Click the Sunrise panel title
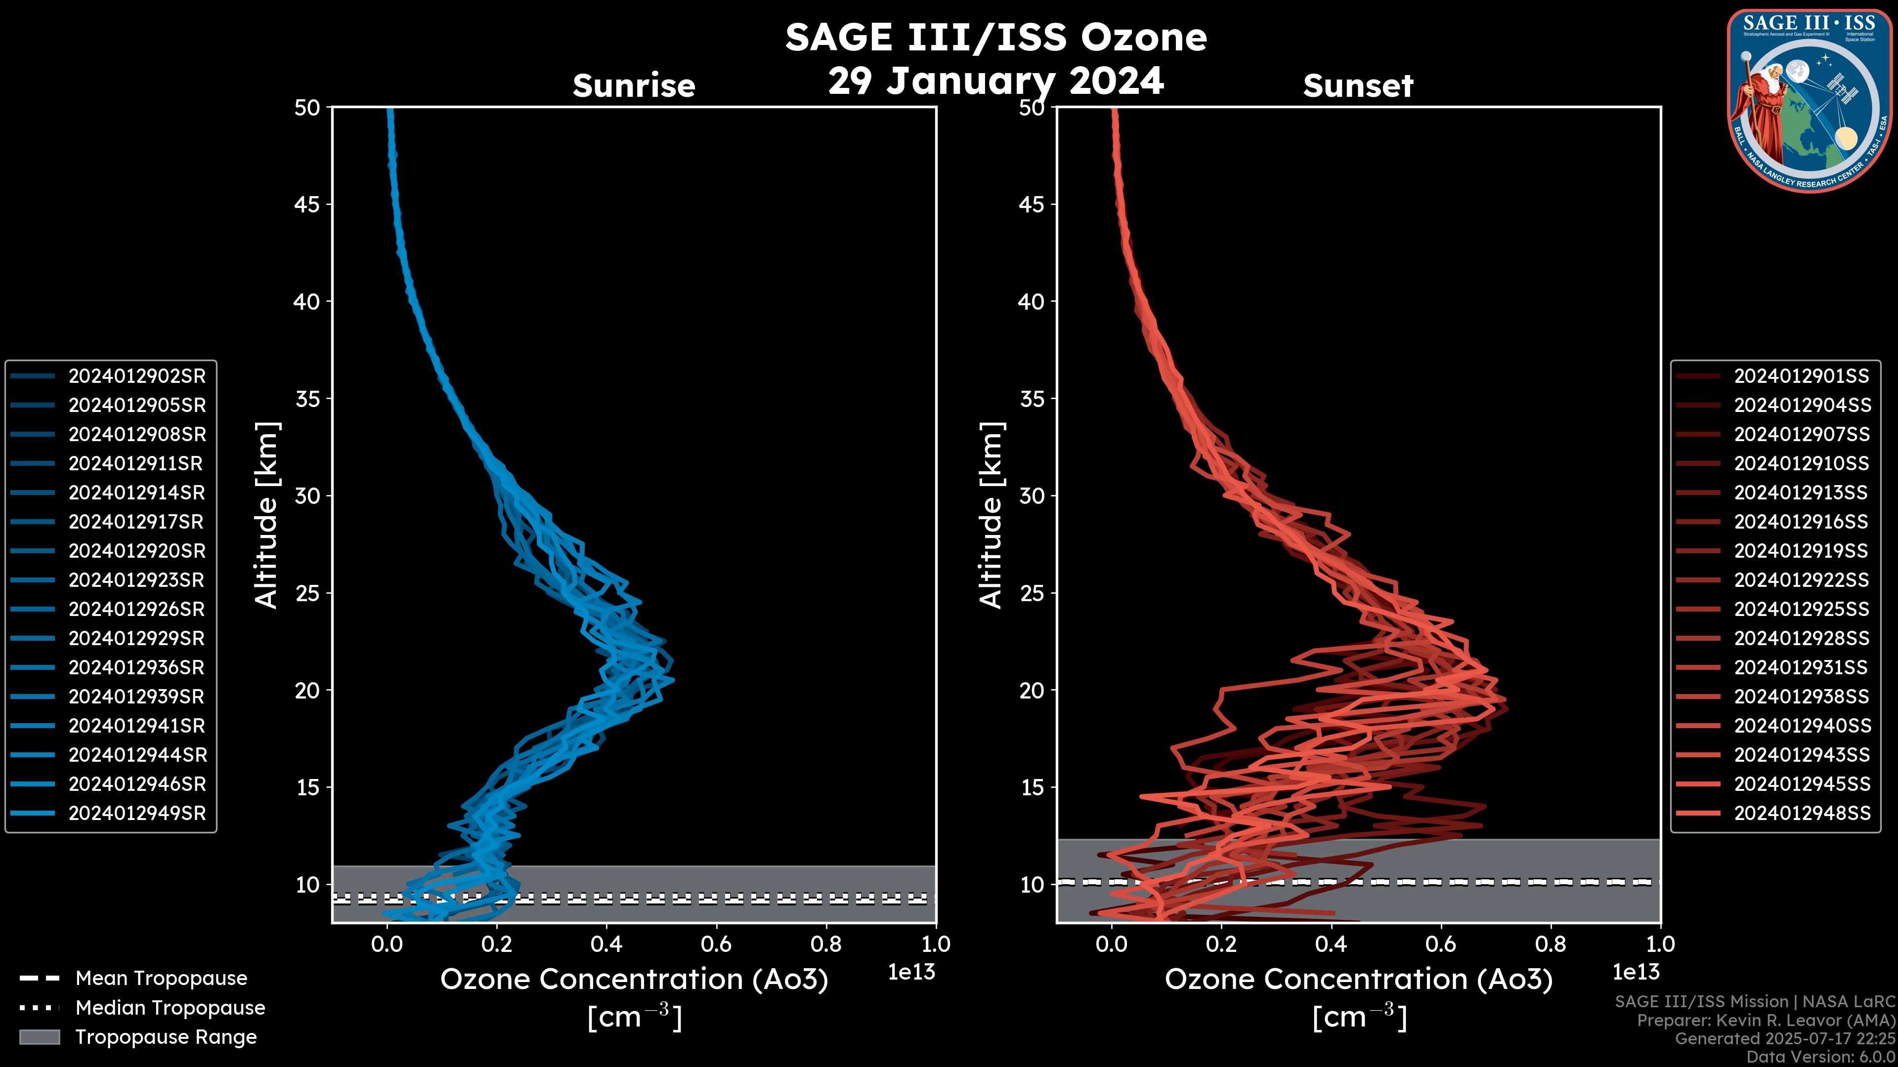pos(634,85)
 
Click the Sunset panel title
pos(1358,85)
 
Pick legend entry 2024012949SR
pos(137,813)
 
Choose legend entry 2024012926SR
pos(137,609)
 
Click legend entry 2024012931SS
pos(1801,667)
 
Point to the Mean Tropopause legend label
pos(161,978)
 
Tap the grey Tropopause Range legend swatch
pos(39,1037)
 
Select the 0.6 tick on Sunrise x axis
pos(716,944)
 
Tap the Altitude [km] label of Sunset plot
pos(991,515)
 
